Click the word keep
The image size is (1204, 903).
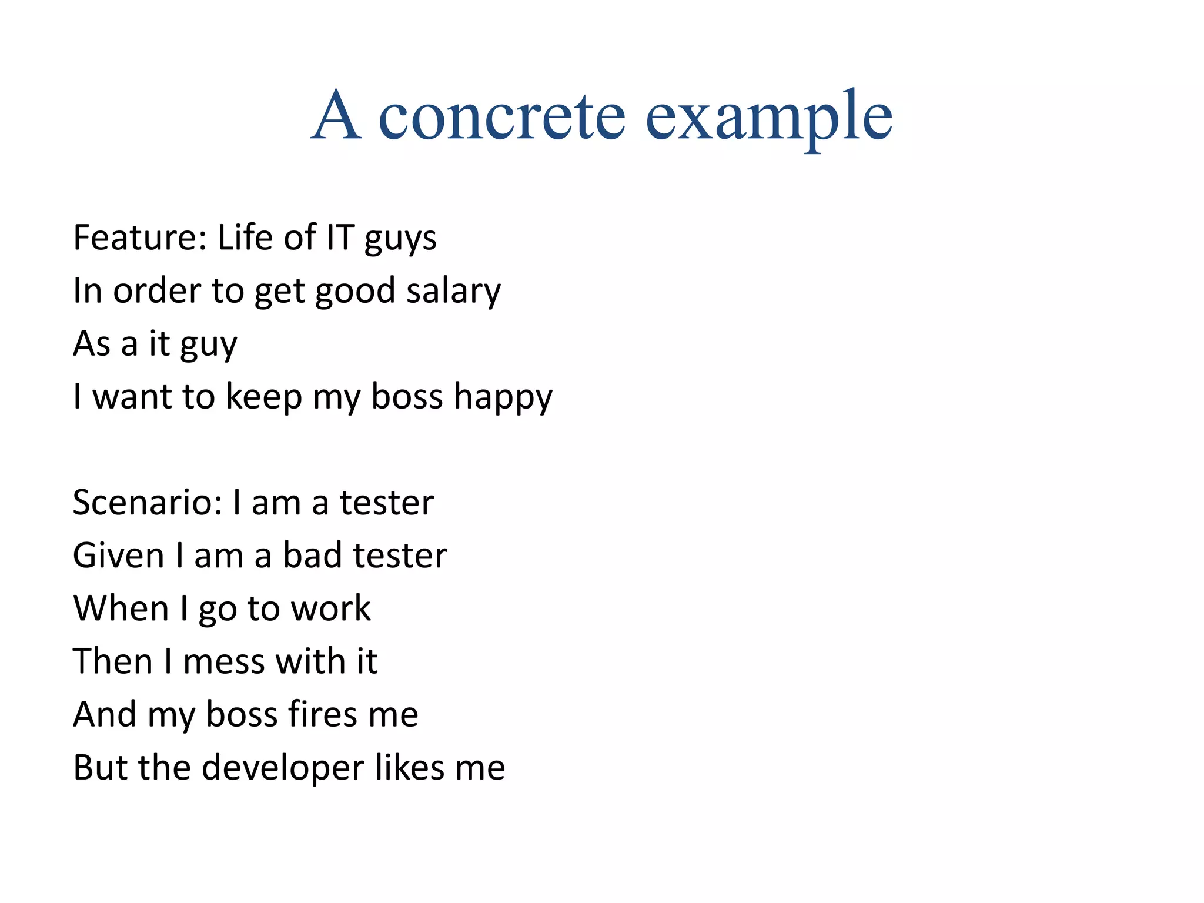click(x=264, y=397)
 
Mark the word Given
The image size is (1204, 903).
click(x=119, y=556)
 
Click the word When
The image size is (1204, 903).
click(x=121, y=608)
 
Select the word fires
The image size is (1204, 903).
click(x=322, y=714)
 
